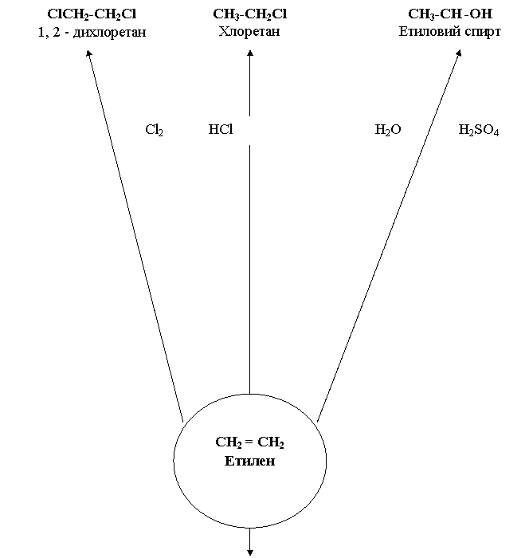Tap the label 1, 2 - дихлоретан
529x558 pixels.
pos(92,33)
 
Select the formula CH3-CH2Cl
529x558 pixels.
pos(250,15)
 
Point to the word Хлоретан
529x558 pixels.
pos(250,33)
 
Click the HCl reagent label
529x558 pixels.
pos(220,129)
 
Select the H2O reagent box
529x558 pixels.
pos(388,130)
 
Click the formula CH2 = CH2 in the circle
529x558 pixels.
pos(250,443)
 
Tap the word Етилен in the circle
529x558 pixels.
pos(250,462)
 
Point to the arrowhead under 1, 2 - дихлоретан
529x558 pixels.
pos(89,55)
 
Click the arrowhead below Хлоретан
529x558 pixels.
pos(250,55)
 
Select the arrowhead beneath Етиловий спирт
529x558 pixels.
pos(459,54)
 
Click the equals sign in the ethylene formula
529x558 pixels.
pos(250,442)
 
